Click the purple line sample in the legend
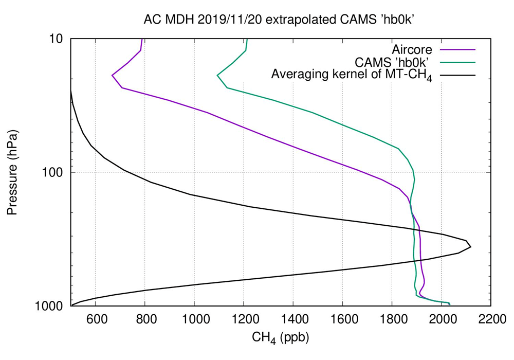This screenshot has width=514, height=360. [461, 49]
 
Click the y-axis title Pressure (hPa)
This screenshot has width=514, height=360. [12, 172]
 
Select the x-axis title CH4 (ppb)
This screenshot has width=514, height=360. [280, 338]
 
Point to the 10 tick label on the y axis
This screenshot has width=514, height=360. [57, 39]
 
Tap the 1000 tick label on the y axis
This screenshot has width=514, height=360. [52, 306]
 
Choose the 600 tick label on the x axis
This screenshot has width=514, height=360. [96, 318]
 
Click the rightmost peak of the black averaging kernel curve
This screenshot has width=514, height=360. [470, 247]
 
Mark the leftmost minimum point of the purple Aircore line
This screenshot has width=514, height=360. [112, 76]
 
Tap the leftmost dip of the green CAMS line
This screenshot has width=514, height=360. [217, 76]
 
